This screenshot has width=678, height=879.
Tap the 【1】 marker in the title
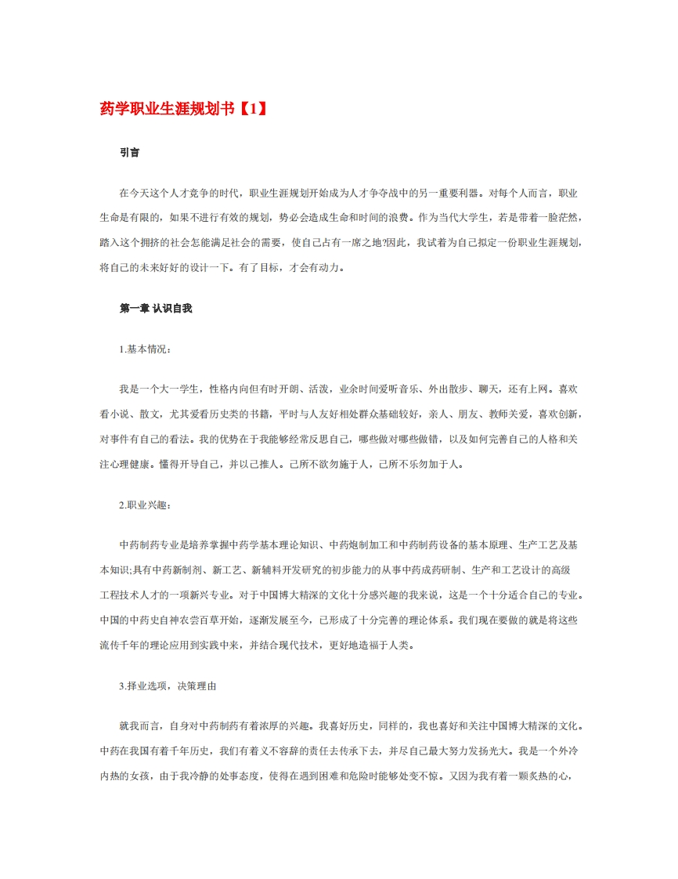pos(251,109)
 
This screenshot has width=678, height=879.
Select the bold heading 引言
pos(129,154)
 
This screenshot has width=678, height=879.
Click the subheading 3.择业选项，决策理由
pos(168,686)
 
